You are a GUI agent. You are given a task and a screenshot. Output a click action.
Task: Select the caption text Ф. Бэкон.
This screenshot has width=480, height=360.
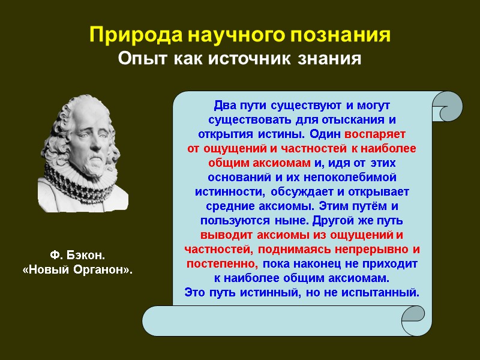[77, 256]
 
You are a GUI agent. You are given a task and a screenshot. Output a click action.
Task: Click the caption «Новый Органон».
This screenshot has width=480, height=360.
[77, 271]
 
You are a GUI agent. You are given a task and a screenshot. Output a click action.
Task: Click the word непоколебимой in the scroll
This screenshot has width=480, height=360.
[354, 177]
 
